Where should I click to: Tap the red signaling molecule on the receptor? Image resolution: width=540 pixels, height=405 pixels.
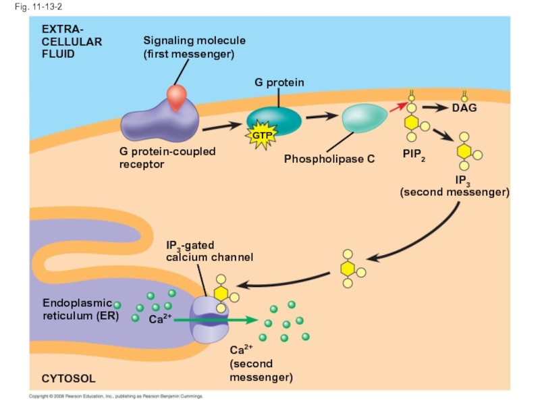[177, 99]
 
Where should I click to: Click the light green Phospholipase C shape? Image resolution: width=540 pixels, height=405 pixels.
[364, 119]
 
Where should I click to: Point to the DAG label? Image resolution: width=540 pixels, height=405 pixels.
[464, 108]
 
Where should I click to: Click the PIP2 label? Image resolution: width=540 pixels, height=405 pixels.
[414, 155]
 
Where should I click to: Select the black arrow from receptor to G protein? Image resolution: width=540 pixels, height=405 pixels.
[222, 126]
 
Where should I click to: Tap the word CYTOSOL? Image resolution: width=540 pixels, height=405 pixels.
[68, 379]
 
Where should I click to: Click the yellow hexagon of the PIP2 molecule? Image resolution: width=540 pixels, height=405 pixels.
[411, 124]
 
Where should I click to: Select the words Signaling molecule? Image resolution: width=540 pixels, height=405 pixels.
[194, 40]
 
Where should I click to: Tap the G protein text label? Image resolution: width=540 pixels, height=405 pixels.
[279, 82]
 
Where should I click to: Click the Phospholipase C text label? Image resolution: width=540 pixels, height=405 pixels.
[329, 159]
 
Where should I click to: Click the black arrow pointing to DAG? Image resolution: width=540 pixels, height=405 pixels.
[435, 107]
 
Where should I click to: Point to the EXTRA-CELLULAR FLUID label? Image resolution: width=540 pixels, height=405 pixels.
[71, 41]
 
